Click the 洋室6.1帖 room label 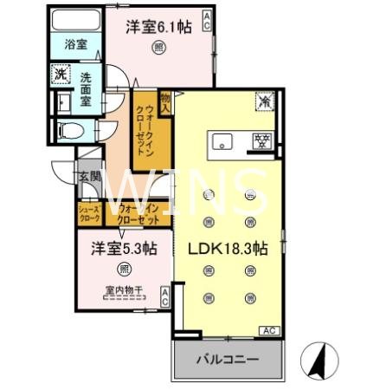pos(159,27)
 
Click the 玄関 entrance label pos(89,177)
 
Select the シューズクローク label pos(89,213)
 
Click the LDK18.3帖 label pos(228,247)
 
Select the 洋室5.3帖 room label pos(125,249)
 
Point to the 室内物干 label pos(125,290)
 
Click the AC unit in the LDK pos(267,330)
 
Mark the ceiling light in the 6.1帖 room pos(158,48)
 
